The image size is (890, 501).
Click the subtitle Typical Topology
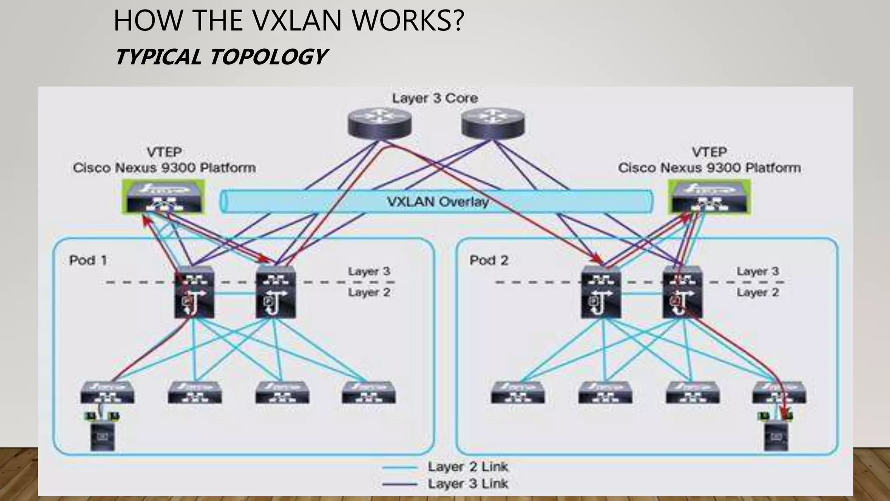point(221,57)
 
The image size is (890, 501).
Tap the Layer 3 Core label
point(435,98)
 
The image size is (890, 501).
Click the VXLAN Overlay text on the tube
point(437,202)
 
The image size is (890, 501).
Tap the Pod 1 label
point(88,261)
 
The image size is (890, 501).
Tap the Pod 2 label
point(489,261)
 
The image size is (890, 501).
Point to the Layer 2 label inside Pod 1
point(369,293)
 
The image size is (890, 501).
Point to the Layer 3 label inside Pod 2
point(758,271)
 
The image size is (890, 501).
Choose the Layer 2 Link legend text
point(468,467)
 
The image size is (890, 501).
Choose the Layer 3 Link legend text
point(468,484)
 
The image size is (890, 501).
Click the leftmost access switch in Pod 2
point(518,392)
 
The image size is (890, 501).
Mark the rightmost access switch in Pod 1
point(369,392)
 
